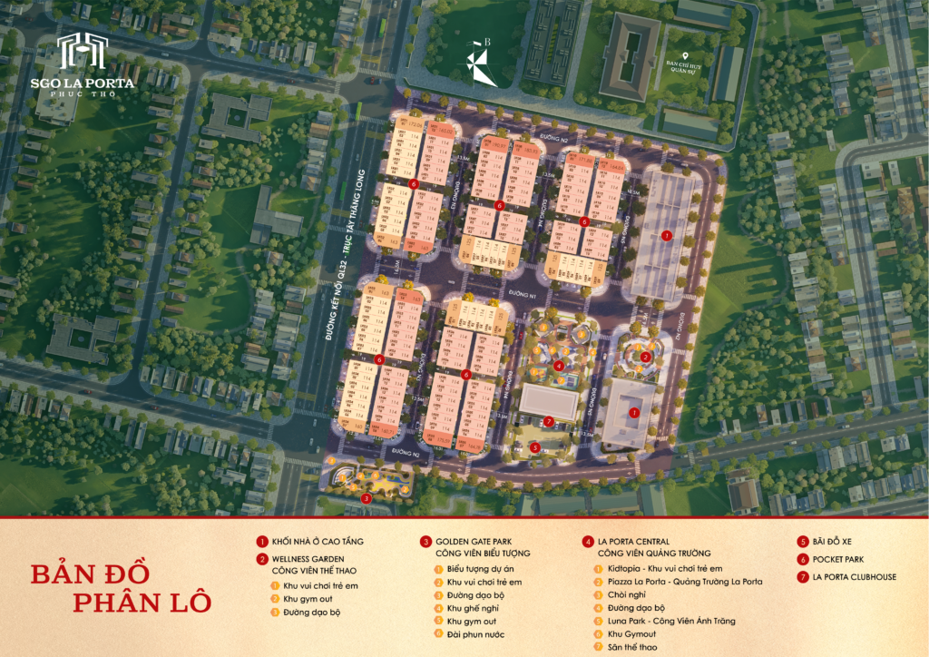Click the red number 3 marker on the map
pyautogui.click(x=366, y=497)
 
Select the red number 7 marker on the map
pyautogui.click(x=549, y=421)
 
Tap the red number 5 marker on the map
pyautogui.click(x=535, y=447)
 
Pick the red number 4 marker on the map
pyautogui.click(x=560, y=366)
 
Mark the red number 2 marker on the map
pyautogui.click(x=645, y=358)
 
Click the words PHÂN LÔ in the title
pyautogui.click(x=142, y=601)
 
